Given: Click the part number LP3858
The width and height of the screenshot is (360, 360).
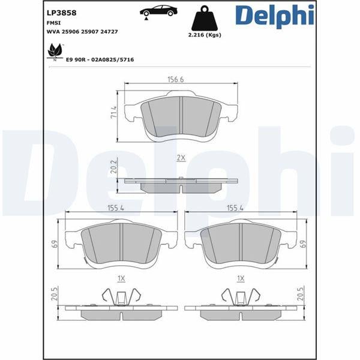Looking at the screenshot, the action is [61, 13].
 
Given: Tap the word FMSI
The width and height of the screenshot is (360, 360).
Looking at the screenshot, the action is [53, 23].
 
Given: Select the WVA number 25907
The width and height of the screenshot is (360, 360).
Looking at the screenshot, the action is [89, 32].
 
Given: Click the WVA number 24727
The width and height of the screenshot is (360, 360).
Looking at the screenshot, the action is [109, 32].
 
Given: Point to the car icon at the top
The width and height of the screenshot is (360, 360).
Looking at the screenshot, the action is [158, 11].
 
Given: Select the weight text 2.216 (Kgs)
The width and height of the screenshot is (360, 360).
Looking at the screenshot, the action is [205, 35].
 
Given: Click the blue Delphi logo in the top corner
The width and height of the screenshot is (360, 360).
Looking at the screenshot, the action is [274, 16].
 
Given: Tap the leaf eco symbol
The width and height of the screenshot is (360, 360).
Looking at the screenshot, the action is [55, 52].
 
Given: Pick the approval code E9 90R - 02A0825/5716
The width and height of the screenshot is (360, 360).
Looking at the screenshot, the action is [100, 59].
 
